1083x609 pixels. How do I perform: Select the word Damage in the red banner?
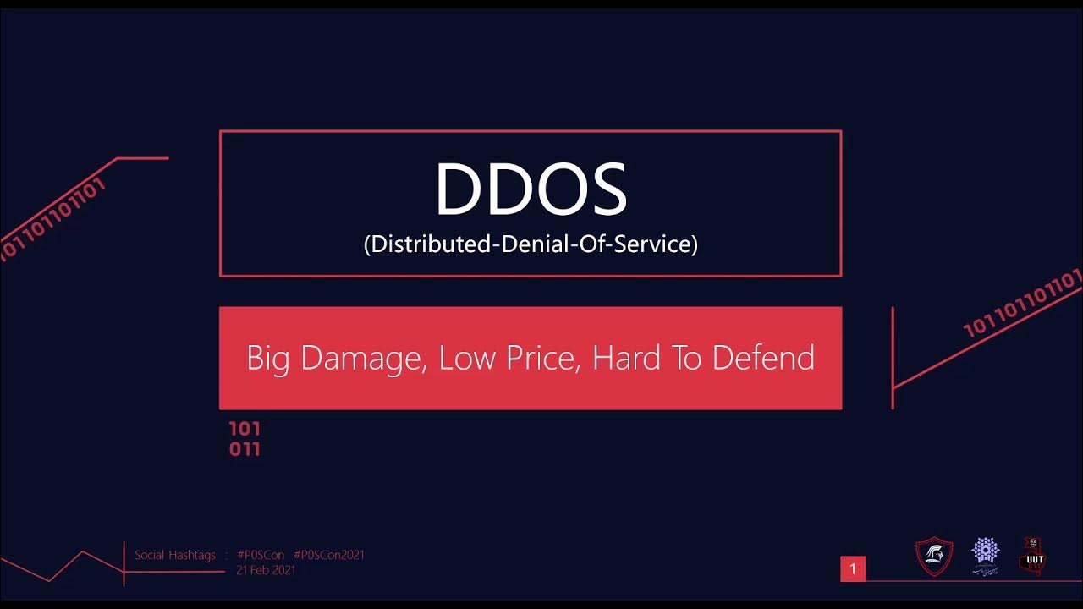coord(361,358)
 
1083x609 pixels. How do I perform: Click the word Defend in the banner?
coord(763,358)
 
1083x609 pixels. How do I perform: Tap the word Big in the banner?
coord(268,358)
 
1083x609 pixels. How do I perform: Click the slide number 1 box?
coord(853,569)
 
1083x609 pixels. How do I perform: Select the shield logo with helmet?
coord(934,557)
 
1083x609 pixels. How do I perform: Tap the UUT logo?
coord(1032,556)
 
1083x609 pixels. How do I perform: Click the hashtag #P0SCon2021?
coord(329,555)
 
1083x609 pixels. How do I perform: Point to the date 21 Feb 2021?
coord(266,570)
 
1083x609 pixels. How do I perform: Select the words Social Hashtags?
coord(175,555)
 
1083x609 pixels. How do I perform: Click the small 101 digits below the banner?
coord(245,429)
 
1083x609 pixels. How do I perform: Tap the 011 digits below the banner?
coord(245,449)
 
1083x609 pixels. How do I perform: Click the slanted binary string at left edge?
coord(52,217)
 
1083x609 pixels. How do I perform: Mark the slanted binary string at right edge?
coord(1024,303)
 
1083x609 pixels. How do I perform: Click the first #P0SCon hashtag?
coord(261,555)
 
